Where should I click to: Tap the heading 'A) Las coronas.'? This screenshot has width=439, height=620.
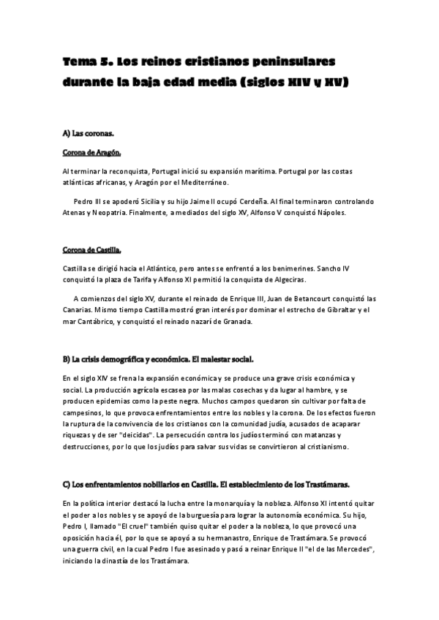point(88,135)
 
